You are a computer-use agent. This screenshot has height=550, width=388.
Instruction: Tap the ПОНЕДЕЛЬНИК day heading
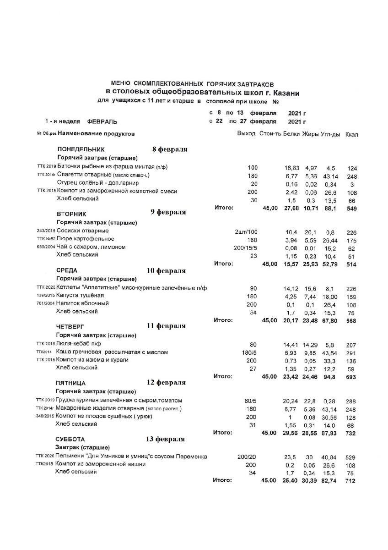click(x=81, y=149)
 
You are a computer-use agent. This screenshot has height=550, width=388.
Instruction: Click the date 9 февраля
click(x=168, y=212)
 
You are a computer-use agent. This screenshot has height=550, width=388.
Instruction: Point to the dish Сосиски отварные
click(x=82, y=230)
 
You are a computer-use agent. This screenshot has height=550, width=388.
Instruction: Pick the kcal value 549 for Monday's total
click(x=351, y=209)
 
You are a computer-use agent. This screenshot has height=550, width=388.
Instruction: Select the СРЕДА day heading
click(x=66, y=270)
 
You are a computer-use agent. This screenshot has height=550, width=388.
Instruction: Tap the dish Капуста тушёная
click(x=82, y=295)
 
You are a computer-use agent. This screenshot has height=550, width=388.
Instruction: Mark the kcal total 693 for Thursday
click(x=351, y=377)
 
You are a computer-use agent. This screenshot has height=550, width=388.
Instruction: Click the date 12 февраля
click(x=166, y=382)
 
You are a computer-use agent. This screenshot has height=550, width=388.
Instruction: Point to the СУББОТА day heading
click(x=70, y=439)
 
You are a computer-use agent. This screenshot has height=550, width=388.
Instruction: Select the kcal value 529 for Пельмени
click(x=351, y=457)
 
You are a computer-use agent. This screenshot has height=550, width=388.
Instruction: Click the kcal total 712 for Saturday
click(x=351, y=481)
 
